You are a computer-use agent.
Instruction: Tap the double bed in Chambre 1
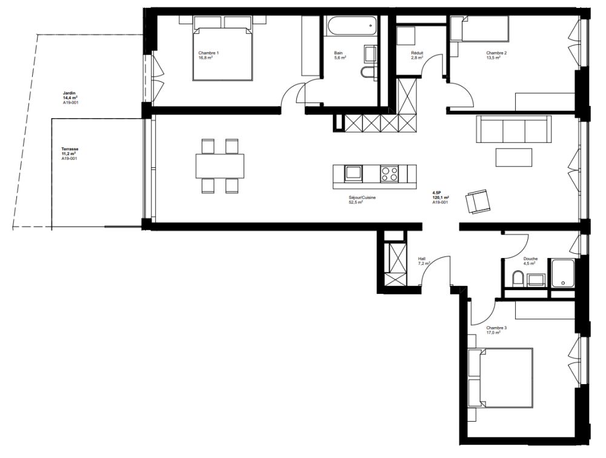coord(222,51)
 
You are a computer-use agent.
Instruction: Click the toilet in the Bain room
coord(368,73)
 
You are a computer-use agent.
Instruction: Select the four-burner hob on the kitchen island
coord(389,174)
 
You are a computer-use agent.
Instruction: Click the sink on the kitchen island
coord(353,174)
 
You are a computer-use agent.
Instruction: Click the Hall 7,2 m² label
coord(423,261)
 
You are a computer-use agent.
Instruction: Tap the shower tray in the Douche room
coord(563,272)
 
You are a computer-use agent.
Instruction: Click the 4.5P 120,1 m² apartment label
coord(441,197)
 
